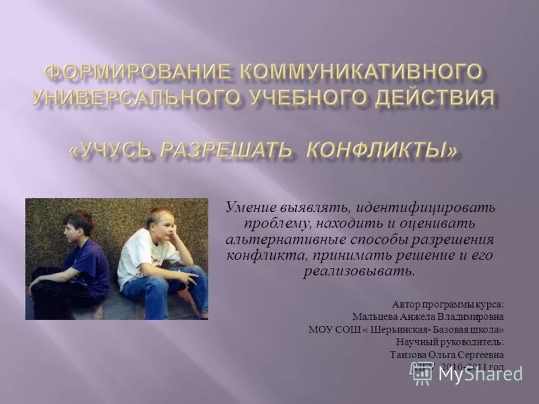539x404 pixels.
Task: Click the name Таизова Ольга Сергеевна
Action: point(446,355)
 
